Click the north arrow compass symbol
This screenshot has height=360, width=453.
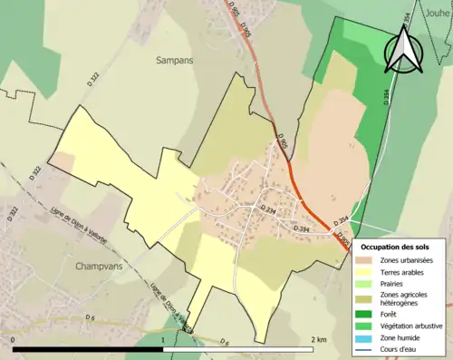point(404,50)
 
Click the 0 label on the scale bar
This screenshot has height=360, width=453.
point(14,339)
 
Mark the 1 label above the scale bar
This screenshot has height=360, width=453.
point(163,339)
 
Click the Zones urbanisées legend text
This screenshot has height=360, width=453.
point(407,260)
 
